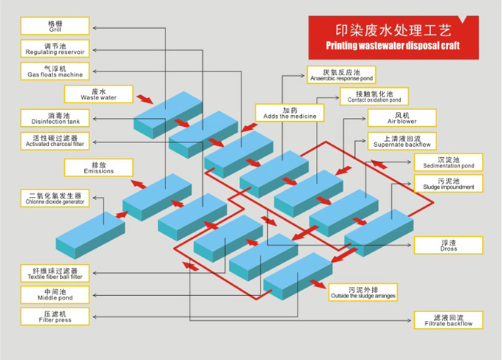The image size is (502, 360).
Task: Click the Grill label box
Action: point(56,26)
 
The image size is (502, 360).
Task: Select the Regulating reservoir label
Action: point(56,49)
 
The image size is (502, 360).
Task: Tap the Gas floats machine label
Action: point(56,71)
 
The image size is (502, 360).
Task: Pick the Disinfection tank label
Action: point(56,117)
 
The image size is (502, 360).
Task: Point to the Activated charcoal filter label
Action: point(56,140)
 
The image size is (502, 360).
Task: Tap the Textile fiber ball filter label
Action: point(56,274)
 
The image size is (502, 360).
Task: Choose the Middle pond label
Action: point(56,295)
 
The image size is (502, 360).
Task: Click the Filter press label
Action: point(56,318)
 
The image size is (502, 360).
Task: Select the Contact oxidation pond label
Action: point(374,97)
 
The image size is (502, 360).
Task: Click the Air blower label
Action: point(402,118)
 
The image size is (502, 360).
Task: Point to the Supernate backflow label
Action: point(402,140)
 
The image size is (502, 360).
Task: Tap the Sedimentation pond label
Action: point(447,162)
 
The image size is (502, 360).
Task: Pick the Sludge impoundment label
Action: point(447,184)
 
